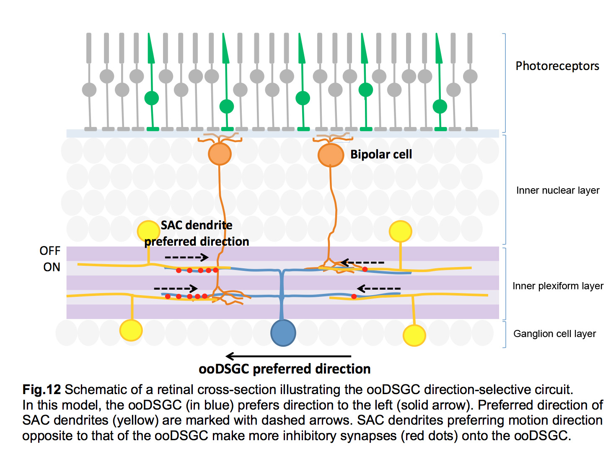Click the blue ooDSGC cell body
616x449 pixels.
(x=283, y=332)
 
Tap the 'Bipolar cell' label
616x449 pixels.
(x=381, y=154)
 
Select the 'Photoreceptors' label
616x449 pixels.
(x=557, y=66)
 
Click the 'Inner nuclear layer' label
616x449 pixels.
(x=558, y=190)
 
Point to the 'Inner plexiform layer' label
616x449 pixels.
(x=558, y=286)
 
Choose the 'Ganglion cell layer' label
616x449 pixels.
(x=554, y=334)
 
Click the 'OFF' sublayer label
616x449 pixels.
(x=50, y=251)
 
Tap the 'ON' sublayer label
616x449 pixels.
(x=52, y=267)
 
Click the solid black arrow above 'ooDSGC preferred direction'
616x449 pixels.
(x=288, y=356)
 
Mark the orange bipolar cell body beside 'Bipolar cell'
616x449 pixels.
(x=331, y=155)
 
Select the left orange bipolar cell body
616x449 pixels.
(x=220, y=154)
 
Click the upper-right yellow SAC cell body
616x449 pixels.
(x=400, y=231)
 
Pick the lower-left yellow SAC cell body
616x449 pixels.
(x=131, y=330)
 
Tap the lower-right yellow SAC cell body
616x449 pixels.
(x=414, y=335)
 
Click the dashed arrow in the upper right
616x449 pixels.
(x=362, y=262)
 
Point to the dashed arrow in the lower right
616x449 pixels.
(x=379, y=288)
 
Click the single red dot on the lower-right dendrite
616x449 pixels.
(x=354, y=296)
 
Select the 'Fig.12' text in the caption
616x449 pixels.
(x=41, y=389)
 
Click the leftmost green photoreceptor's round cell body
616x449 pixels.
(x=152, y=98)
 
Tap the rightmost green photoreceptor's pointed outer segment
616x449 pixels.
(x=439, y=48)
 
